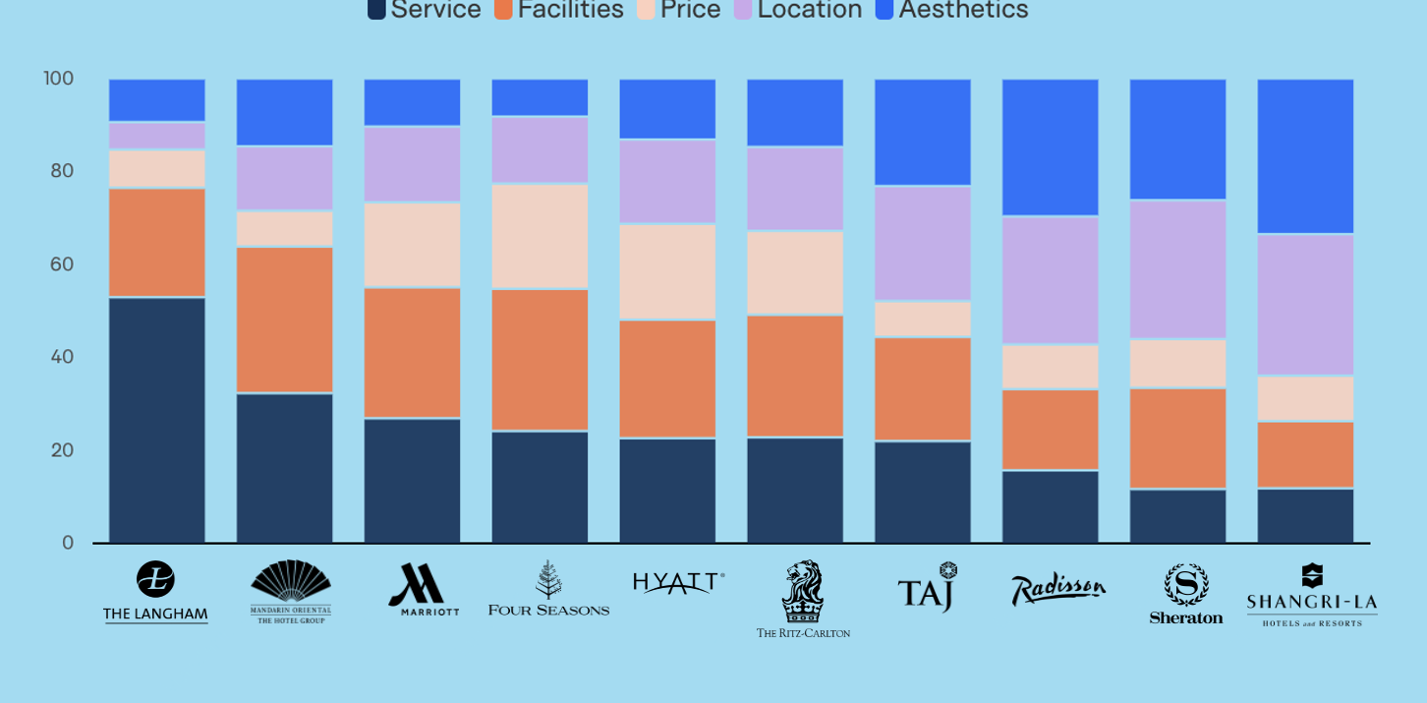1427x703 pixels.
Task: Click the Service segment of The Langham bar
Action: [157, 420]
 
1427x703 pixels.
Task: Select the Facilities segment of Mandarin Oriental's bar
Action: [285, 320]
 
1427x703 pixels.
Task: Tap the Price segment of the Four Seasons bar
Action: [540, 236]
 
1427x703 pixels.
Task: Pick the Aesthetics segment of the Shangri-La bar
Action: [1305, 156]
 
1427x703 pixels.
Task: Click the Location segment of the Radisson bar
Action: [1051, 280]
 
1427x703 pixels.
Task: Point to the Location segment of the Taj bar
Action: [923, 243]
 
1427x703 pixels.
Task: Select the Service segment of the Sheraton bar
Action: [1177, 515]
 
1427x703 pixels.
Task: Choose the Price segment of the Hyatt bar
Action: [667, 272]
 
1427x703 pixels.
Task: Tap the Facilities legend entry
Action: [559, 10]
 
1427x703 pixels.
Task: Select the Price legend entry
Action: [679, 10]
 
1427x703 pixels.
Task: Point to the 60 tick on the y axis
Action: [62, 264]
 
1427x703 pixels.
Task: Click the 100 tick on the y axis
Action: [58, 79]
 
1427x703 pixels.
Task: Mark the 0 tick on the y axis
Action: [68, 543]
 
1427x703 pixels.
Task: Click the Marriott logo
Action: [423, 590]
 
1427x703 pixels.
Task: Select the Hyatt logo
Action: [678, 583]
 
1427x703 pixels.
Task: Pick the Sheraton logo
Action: [1186, 594]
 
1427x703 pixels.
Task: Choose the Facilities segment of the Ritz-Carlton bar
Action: [795, 376]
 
